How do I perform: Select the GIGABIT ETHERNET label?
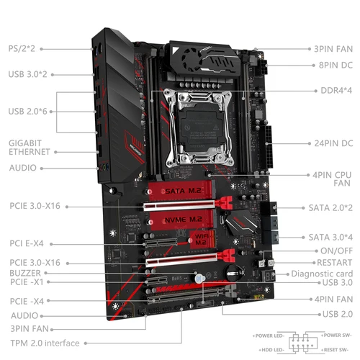pos(30,148)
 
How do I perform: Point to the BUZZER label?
pos(25,274)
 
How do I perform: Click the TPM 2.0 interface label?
pos(45,343)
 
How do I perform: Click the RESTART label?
pos(333,262)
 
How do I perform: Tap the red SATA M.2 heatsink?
pos(185,191)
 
